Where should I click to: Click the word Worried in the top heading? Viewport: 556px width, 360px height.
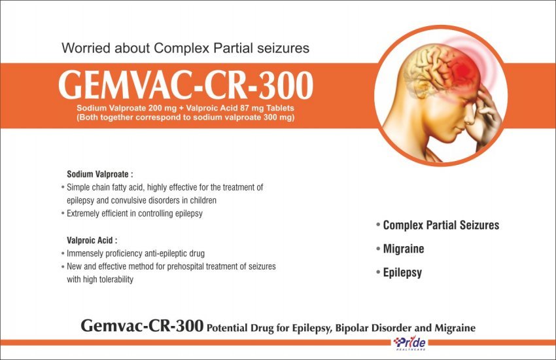point(86,48)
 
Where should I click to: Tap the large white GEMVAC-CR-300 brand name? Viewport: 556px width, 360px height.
point(186,86)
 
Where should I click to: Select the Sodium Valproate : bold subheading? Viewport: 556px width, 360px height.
point(100,174)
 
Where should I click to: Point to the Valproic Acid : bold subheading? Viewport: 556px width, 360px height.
point(92,240)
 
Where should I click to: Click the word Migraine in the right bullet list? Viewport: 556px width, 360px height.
point(404,249)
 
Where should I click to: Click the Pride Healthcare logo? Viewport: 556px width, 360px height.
point(409,344)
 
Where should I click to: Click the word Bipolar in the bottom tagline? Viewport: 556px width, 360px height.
point(352,328)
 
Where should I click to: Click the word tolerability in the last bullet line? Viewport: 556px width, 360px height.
point(116,279)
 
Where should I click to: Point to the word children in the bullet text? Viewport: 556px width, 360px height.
point(203,200)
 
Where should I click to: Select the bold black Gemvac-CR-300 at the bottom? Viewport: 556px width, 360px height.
point(142,325)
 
